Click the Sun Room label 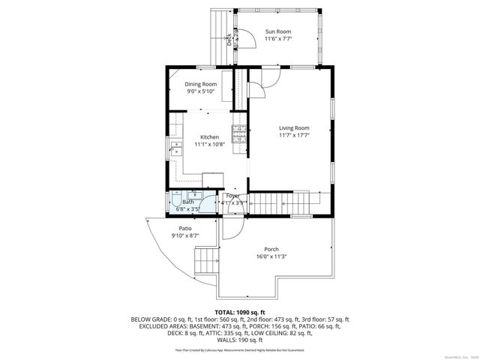tap(277, 31)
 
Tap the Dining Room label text tap(200, 84)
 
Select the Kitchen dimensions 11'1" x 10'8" tap(209, 144)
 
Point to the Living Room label tap(293, 128)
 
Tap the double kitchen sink tap(177, 148)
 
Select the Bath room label tap(187, 202)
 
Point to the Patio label tap(185, 228)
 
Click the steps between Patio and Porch tap(205, 262)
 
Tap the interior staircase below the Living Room tap(279, 202)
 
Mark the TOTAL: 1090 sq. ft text tap(240, 311)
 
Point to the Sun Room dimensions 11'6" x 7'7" tap(277, 39)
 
